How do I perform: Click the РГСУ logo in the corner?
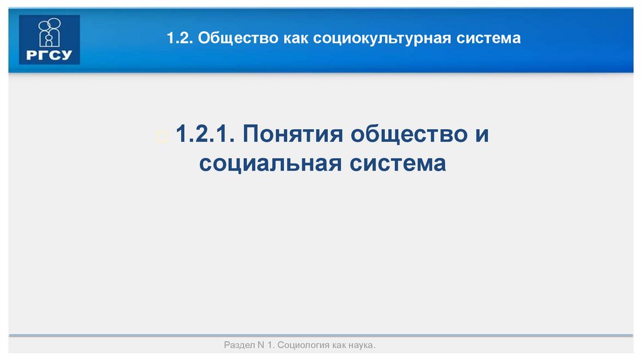50,40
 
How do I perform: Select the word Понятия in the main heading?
293,135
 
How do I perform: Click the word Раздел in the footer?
239,346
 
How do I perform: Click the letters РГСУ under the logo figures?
50,55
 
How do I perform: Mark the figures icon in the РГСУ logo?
50,32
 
